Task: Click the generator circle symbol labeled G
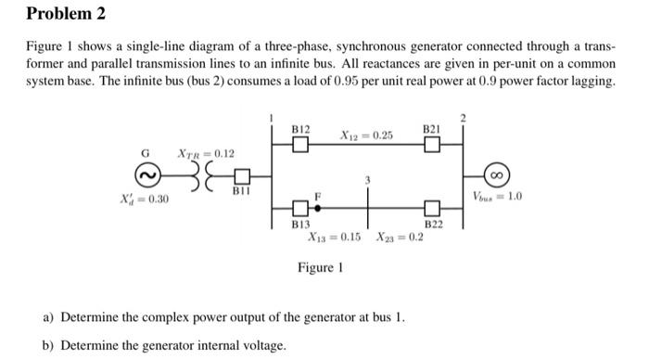click(x=146, y=174)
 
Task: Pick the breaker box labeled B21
click(x=431, y=145)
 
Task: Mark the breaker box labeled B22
click(x=432, y=208)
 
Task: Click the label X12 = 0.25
click(x=366, y=136)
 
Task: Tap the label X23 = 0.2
click(x=400, y=237)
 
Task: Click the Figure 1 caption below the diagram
click(x=320, y=267)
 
